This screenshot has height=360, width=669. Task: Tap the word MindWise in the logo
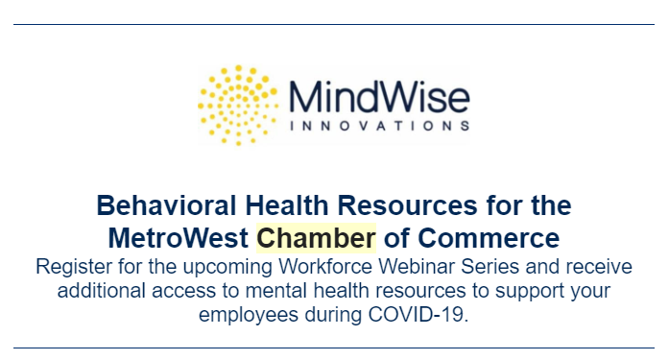click(379, 97)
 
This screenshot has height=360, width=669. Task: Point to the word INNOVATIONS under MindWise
click(379, 125)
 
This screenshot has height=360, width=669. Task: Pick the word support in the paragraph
click(536, 289)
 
